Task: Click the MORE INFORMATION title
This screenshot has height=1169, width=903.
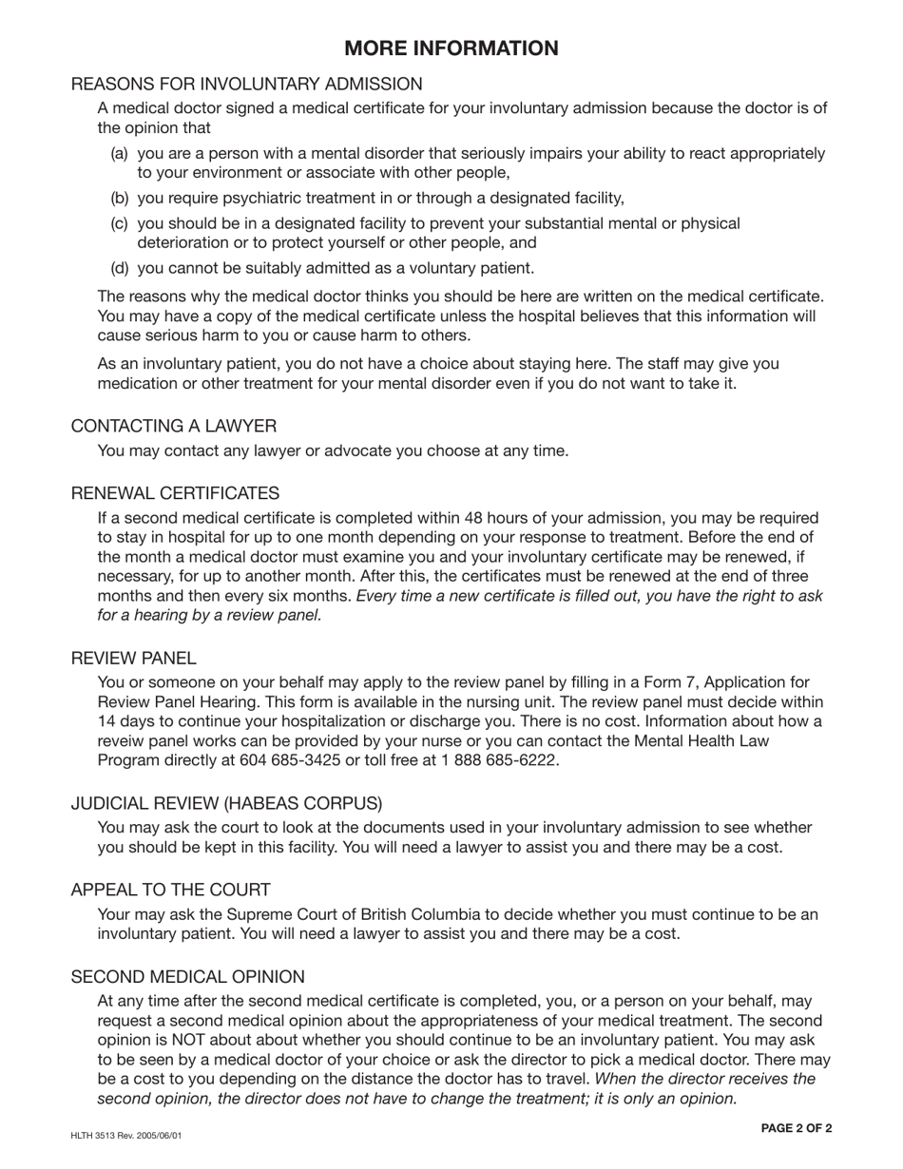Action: (x=451, y=48)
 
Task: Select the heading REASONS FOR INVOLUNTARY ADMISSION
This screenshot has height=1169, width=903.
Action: (x=247, y=85)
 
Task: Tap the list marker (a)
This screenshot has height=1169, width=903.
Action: (x=120, y=154)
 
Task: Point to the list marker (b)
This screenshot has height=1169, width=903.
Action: (x=120, y=199)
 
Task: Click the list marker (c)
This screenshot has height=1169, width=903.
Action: (x=120, y=223)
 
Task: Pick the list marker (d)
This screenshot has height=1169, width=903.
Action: (x=120, y=268)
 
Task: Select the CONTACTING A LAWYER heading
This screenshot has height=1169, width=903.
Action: (x=174, y=426)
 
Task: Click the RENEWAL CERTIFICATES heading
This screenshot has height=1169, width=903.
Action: (x=176, y=493)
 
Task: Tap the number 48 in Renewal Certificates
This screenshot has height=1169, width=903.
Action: (x=473, y=519)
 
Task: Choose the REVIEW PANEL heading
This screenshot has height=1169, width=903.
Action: (x=134, y=658)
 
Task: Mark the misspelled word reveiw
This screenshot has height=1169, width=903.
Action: (x=123, y=741)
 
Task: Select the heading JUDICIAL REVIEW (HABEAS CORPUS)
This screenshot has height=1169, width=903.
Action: (x=227, y=804)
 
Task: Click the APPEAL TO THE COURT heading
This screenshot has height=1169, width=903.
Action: (x=171, y=891)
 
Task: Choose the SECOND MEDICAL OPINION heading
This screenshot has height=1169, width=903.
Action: (x=188, y=977)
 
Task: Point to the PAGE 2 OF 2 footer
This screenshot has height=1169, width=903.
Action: (x=797, y=1128)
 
